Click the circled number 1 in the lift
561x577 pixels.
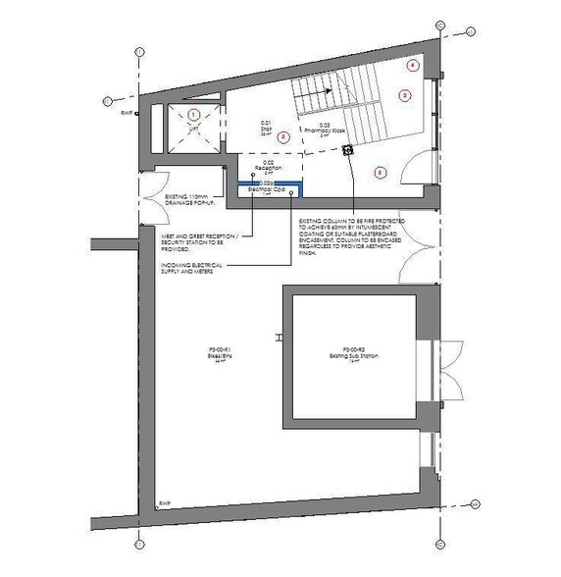pyautogui.click(x=193, y=116)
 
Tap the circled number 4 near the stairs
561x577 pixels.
pyautogui.click(x=413, y=65)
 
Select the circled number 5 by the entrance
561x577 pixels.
pyautogui.click(x=382, y=172)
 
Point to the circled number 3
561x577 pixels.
pyautogui.click(x=282, y=136)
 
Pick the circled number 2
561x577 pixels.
pyautogui.click(x=403, y=95)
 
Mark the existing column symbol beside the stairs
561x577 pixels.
pyautogui.click(x=347, y=150)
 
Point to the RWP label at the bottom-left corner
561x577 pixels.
pyautogui.click(x=165, y=504)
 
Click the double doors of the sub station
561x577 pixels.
pyautogui.click(x=445, y=370)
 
